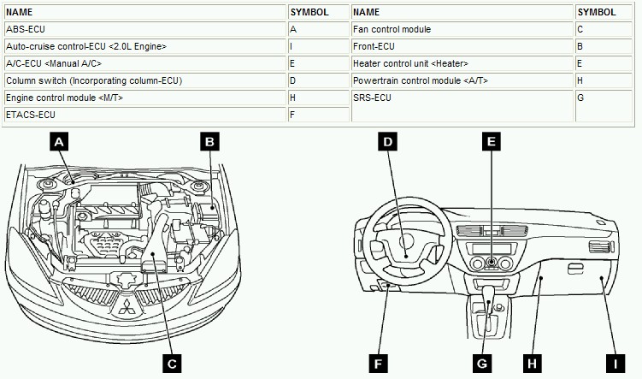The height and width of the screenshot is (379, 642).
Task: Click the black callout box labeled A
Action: (58, 143)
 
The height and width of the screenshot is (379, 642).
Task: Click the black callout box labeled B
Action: (210, 143)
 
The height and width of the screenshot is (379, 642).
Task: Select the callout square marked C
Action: (172, 364)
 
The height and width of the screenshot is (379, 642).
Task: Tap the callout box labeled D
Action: (388, 143)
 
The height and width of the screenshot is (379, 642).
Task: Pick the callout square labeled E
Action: (490, 143)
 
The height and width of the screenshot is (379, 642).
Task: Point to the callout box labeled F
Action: (378, 364)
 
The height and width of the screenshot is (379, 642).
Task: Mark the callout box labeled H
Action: (532, 364)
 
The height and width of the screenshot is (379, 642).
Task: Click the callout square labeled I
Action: (610, 364)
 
